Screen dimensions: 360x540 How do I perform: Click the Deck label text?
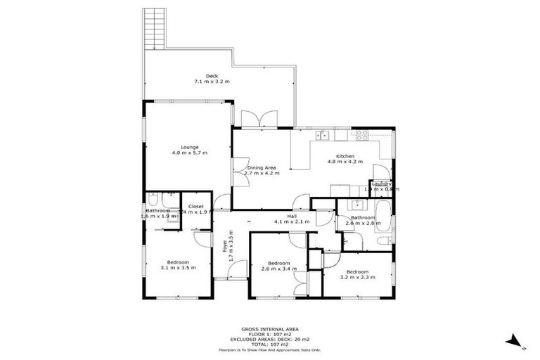pos(212,76)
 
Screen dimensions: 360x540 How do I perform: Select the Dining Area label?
pos(260,168)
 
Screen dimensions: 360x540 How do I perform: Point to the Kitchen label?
pos(345,156)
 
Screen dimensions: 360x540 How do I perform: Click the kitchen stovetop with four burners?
pos(363,135)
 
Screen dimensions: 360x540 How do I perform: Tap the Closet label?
pos(195,206)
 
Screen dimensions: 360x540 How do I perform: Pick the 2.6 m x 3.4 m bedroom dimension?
pos(279,269)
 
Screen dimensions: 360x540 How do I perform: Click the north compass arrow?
pos(517,342)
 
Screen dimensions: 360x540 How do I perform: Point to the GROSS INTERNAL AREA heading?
pos(269,329)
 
